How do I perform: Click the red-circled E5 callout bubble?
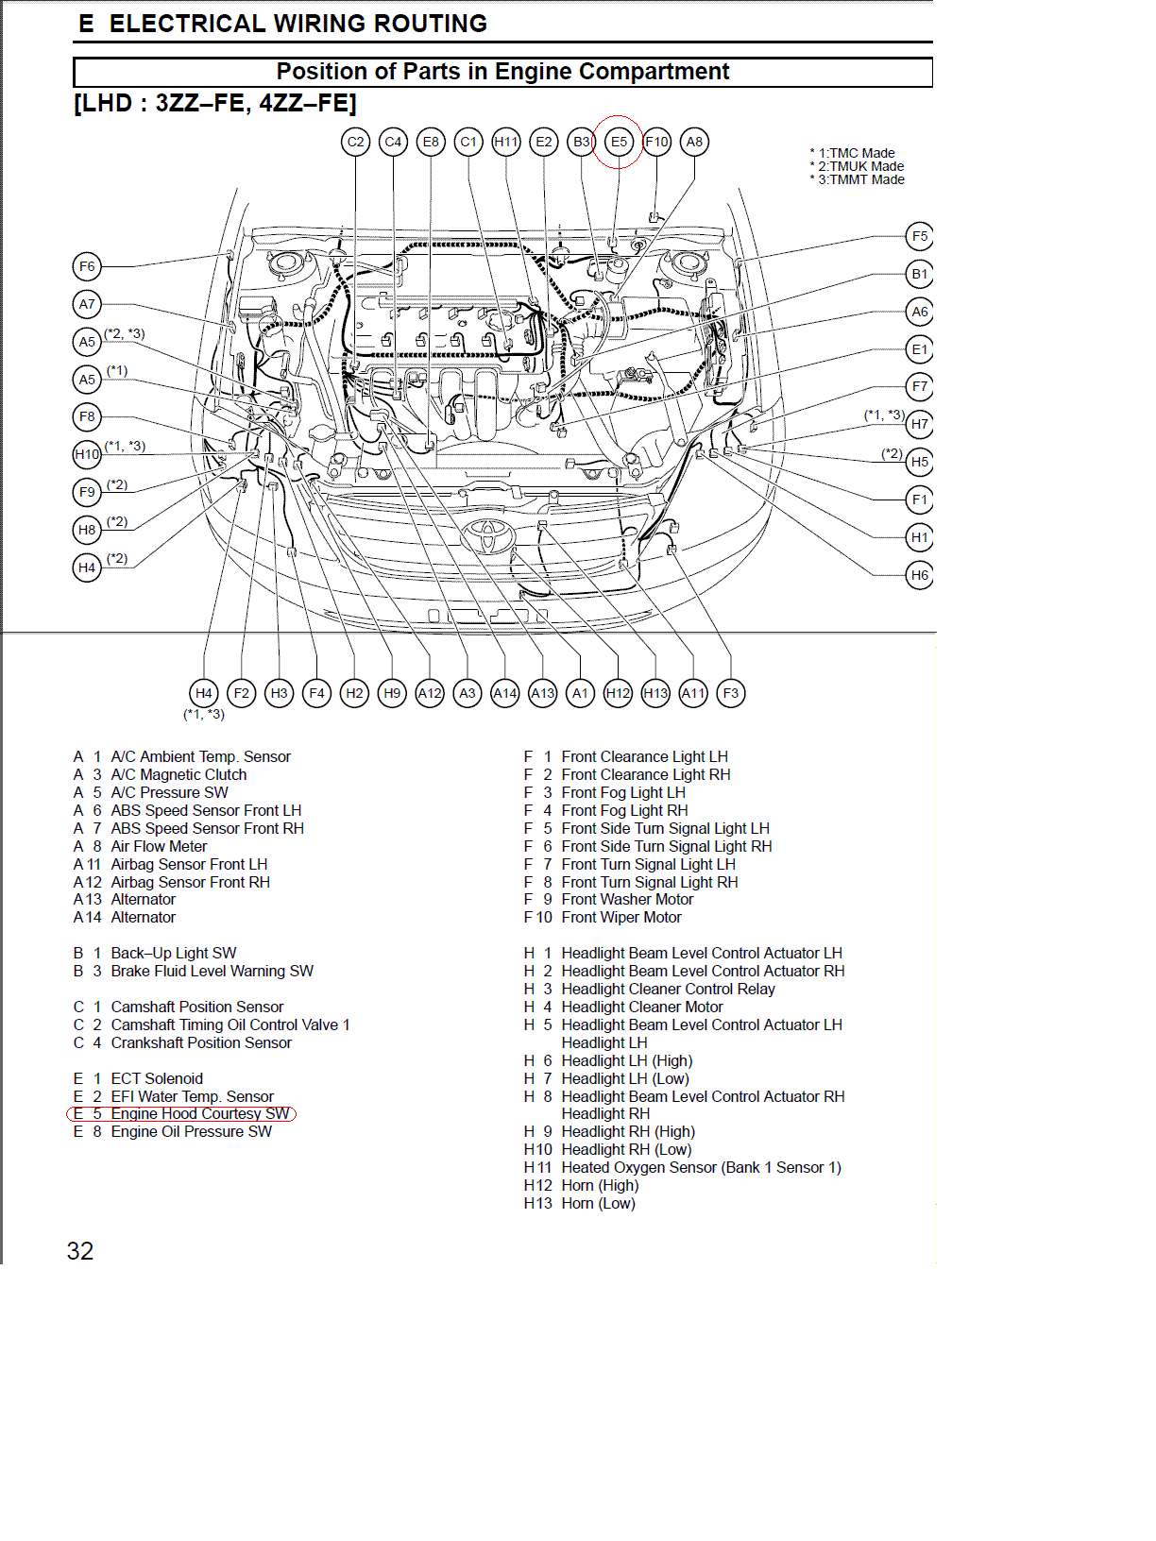618,143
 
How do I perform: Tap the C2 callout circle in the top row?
355,143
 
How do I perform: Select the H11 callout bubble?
506,143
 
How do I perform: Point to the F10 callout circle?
656,143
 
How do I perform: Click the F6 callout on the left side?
87,266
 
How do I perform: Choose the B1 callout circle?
919,274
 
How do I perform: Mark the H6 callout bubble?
919,575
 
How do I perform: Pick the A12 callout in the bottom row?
430,693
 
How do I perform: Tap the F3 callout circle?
731,693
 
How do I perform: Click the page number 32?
80,1251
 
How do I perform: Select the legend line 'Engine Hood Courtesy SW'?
182,1114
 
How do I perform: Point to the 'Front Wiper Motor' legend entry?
620,918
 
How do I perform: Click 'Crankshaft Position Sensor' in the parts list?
200,1043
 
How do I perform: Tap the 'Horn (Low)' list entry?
598,1204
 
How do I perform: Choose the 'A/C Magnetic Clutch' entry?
178,775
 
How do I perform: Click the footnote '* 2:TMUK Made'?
860,166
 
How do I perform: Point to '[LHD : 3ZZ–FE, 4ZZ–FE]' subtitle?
215,103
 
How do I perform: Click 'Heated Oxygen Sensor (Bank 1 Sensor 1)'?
701,1168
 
